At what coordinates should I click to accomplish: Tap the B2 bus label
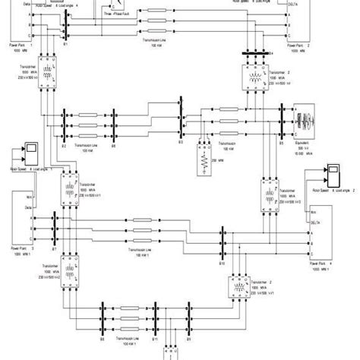click(x=64, y=144)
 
